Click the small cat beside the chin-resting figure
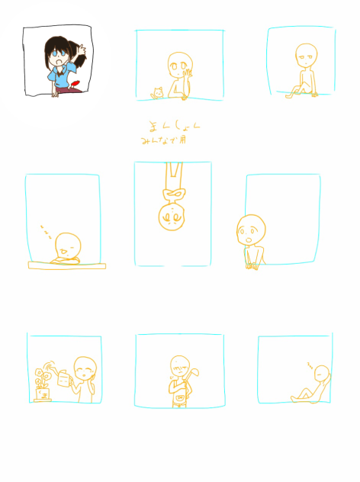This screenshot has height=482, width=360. coord(158,93)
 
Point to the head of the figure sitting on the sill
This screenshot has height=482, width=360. coord(305,54)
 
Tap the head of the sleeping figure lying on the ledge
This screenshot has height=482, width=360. coord(69,246)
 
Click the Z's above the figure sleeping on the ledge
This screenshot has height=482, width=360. coord(45,229)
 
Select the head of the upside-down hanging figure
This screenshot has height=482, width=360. coord(172,217)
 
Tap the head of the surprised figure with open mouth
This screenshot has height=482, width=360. coord(251,228)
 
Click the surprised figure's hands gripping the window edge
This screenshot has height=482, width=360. coord(252,265)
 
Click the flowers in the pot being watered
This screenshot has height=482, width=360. coord(40,376)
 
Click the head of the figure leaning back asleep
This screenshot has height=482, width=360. coord(322,374)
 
